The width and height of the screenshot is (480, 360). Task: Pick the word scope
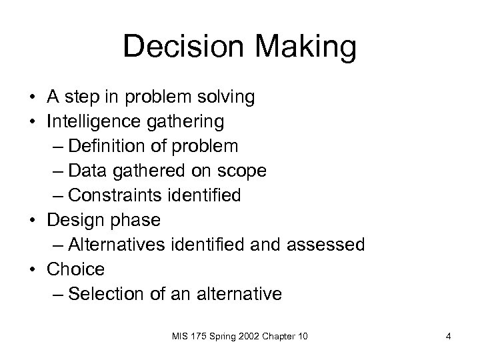(243, 171)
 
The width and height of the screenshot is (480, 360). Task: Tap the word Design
(74, 221)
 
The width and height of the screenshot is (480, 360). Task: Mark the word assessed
(326, 245)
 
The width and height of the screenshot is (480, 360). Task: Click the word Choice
(76, 269)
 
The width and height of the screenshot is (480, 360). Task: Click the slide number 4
(449, 337)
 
